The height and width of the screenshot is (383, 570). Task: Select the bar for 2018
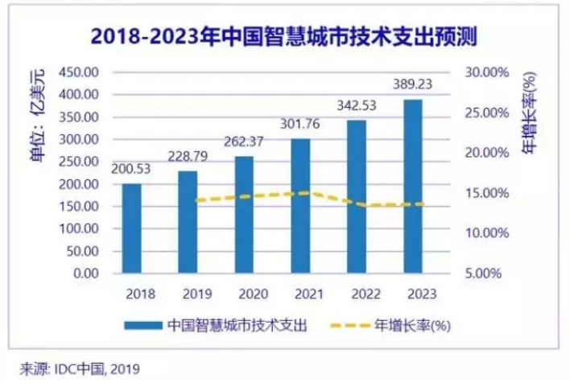click(132, 229)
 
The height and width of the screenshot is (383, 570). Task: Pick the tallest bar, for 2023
click(413, 187)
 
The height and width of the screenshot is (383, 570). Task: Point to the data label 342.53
click(357, 105)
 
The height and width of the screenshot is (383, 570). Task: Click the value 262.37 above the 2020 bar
click(245, 137)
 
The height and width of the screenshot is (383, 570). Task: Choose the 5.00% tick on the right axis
click(488, 274)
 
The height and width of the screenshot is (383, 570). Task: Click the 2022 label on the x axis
click(357, 294)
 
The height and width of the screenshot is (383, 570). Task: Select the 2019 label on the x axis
click(188, 294)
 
